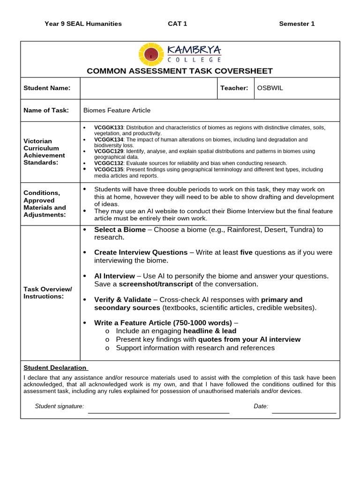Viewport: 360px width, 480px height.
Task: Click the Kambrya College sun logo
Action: click(151, 54)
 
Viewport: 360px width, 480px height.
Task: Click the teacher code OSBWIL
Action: click(270, 88)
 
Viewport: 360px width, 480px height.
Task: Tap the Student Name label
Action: click(47, 88)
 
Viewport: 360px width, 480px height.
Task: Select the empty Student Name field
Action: click(149, 88)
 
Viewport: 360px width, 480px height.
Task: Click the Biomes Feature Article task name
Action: click(117, 111)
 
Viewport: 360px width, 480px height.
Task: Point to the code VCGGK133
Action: click(108, 127)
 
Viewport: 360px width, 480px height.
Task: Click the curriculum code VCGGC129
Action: click(108, 151)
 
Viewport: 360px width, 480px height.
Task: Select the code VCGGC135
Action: click(108, 170)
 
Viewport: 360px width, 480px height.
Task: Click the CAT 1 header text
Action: click(177, 24)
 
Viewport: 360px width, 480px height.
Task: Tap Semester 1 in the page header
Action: click(297, 24)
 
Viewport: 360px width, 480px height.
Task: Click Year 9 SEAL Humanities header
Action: click(83, 24)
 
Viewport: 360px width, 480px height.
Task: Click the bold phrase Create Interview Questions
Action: click(141, 253)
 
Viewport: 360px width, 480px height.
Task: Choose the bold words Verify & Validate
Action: click(122, 300)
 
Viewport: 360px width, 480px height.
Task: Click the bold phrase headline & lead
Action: click(210, 331)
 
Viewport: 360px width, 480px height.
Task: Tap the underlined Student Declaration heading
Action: click(55, 368)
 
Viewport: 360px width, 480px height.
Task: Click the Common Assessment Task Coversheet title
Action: click(180, 71)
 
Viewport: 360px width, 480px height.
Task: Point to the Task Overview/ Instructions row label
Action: click(47, 293)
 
